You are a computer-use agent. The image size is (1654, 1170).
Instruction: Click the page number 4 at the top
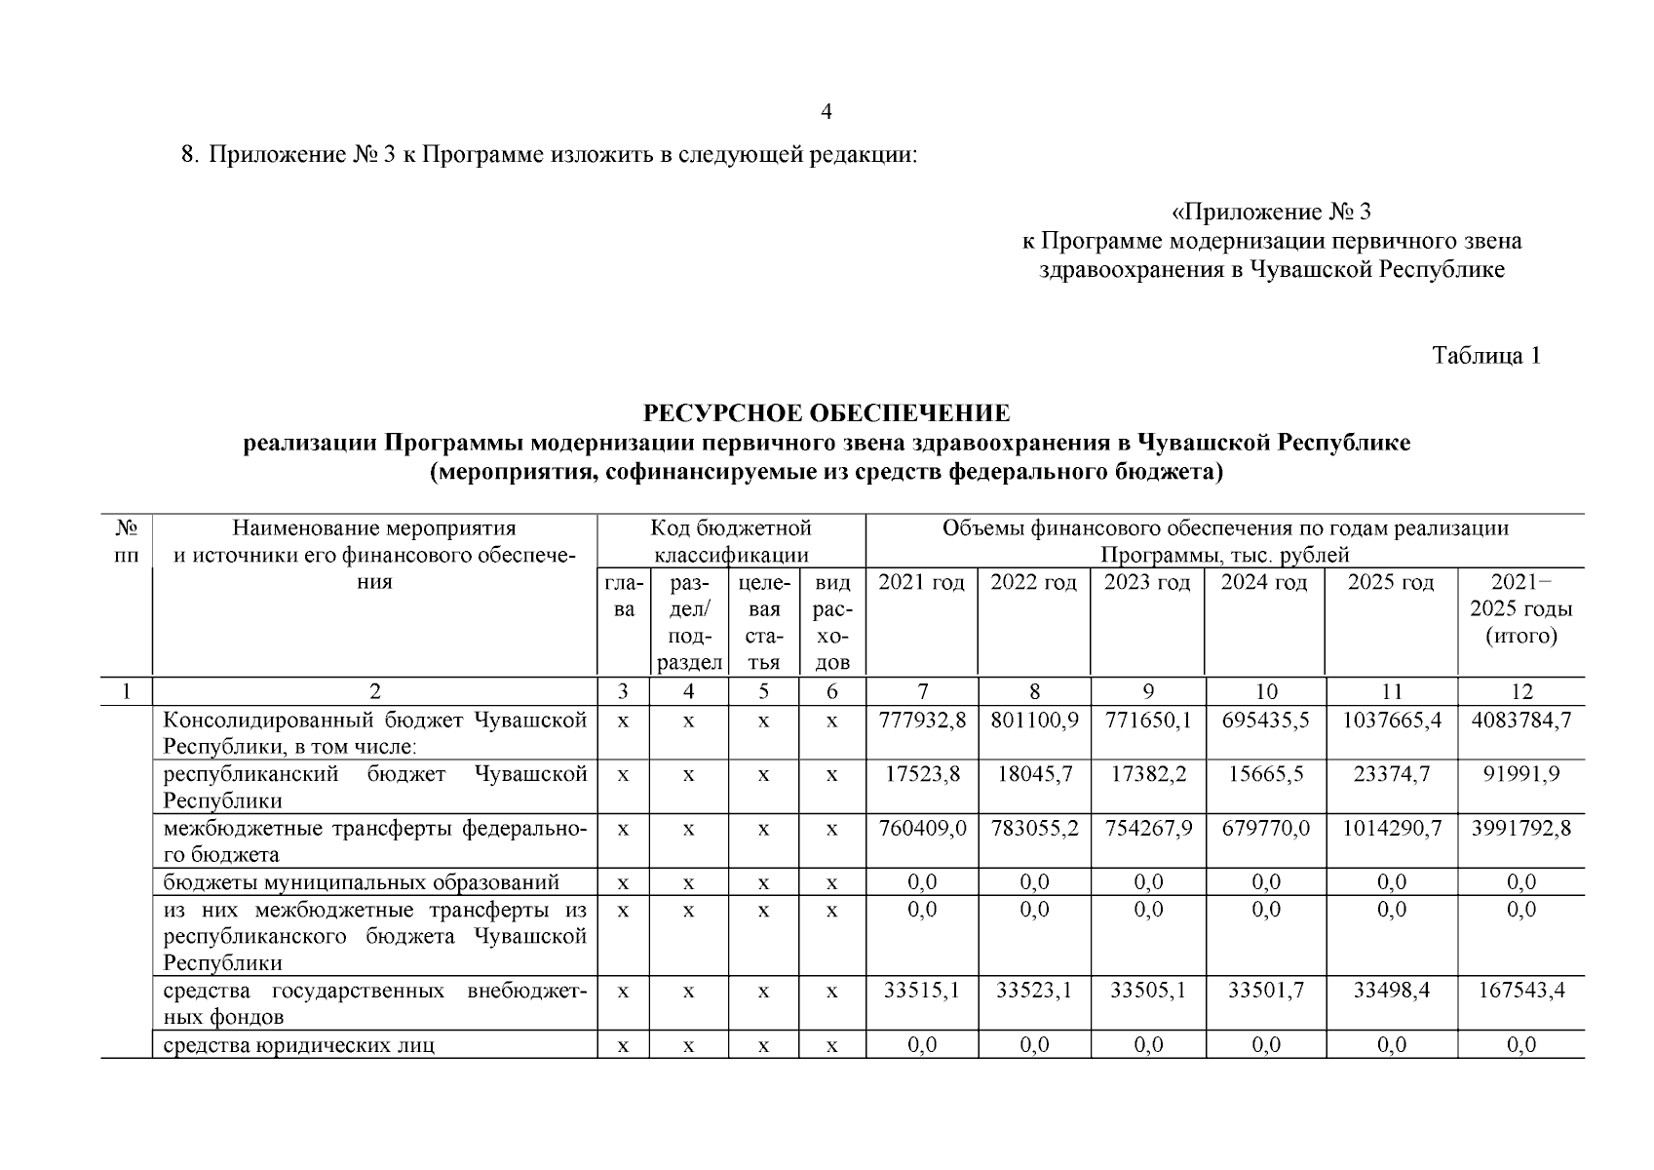[827, 112]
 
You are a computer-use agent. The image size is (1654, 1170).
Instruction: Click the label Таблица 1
[1486, 356]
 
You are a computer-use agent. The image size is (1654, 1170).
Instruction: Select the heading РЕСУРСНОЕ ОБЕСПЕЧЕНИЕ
[827, 413]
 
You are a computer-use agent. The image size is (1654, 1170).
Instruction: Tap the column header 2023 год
[1147, 583]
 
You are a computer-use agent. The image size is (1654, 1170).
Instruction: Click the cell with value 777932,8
[921, 721]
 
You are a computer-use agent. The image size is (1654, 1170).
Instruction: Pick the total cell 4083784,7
[1520, 721]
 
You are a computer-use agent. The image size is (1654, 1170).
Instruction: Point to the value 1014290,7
[1391, 829]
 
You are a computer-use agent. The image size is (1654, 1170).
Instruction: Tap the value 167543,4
[1520, 991]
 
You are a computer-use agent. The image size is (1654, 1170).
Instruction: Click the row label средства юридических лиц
[298, 1045]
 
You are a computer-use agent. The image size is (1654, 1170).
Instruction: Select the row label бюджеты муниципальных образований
[361, 883]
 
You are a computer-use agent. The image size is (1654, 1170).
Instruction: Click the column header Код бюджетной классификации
[731, 542]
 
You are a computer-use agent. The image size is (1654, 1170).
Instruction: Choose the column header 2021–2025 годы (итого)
[1520, 609]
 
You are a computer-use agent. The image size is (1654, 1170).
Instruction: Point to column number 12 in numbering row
[1520, 692]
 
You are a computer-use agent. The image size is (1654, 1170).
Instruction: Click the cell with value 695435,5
[1265, 721]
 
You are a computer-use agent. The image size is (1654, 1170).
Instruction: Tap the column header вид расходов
[831, 623]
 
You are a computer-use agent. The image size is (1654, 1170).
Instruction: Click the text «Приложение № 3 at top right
[1271, 212]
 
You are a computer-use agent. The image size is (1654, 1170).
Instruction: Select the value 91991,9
[1520, 775]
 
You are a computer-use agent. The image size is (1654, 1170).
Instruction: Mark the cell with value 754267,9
[1147, 829]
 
